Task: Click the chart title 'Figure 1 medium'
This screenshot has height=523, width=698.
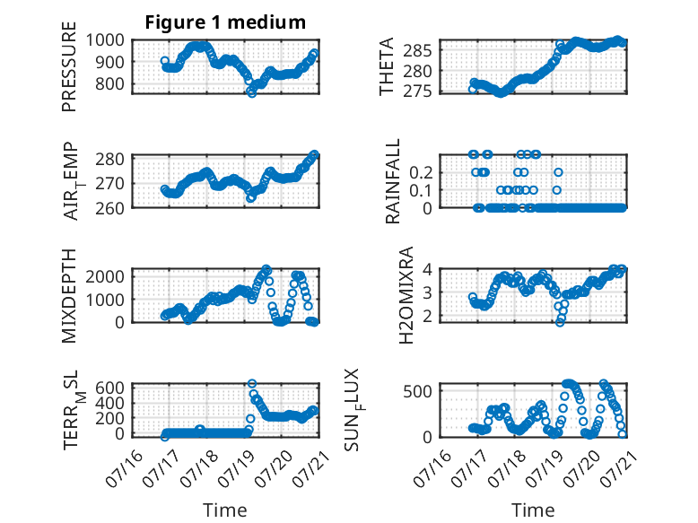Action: click(225, 22)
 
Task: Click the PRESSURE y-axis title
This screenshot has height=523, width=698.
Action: click(69, 66)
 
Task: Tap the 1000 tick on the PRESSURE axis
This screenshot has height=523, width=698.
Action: click(105, 40)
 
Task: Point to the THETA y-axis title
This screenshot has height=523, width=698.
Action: click(387, 66)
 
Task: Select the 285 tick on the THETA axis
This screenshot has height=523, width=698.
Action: click(417, 51)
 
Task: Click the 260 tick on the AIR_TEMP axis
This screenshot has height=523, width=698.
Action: click(109, 208)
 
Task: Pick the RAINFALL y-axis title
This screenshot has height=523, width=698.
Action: click(393, 181)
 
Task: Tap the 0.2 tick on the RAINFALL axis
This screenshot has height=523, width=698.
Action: click(421, 172)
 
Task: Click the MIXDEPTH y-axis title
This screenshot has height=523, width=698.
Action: click(69, 296)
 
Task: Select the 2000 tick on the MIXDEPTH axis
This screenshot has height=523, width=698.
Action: click(105, 276)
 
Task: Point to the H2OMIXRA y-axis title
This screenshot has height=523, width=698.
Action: click(406, 295)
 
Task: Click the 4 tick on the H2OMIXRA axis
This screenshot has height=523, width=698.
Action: click(428, 269)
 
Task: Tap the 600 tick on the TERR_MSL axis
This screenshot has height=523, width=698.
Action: click(109, 388)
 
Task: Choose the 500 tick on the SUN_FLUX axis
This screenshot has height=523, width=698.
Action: click(417, 391)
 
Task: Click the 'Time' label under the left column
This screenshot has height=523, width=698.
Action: click(225, 510)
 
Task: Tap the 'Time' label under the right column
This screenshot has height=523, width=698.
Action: click(533, 510)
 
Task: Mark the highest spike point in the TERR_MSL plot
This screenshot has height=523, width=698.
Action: click(252, 384)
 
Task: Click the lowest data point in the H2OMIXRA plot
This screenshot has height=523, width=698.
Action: click(560, 322)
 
